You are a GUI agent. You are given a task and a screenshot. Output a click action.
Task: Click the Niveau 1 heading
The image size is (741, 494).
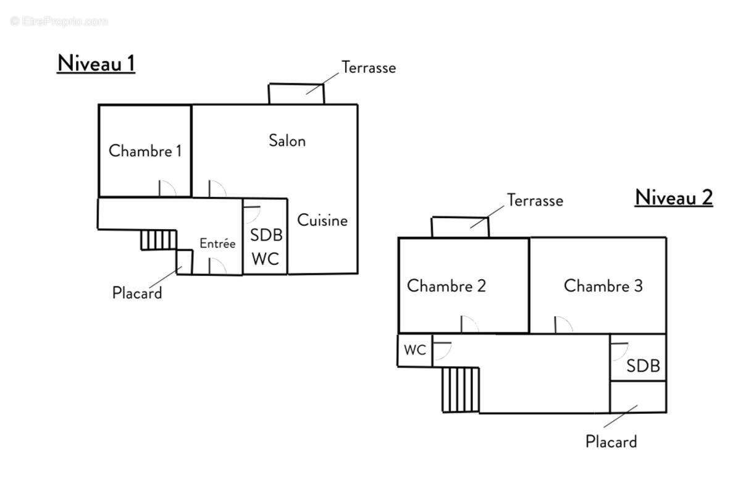tap(96, 63)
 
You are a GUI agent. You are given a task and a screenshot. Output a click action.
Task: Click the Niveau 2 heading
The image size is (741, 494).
tap(674, 197)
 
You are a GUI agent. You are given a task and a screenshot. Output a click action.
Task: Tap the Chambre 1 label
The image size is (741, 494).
tap(145, 151)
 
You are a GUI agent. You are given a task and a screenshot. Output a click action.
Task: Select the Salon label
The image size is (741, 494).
tap(287, 141)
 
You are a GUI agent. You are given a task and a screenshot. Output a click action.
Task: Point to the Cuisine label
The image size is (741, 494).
tap(322, 220)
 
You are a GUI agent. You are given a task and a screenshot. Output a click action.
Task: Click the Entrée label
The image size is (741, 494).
tap(217, 244)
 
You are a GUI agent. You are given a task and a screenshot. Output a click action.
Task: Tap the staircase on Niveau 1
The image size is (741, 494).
tap(159, 240)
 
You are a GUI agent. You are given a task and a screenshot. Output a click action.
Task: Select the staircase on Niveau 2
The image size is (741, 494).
tap(461, 389)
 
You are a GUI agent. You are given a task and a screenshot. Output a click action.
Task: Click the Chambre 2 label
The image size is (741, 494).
tap(446, 286)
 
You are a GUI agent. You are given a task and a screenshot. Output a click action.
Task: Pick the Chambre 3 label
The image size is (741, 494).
tap(603, 286)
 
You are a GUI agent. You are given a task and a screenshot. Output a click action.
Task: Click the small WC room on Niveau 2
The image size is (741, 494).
tap(414, 350)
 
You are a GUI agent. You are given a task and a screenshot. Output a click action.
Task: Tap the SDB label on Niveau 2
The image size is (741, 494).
tap(643, 366)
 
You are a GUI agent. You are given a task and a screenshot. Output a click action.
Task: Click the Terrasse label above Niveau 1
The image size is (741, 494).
tap(369, 67)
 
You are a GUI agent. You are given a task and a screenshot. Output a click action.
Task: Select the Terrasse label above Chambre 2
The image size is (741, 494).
tap(535, 200)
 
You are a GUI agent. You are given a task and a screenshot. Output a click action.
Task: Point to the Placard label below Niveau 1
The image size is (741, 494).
tap(137, 293)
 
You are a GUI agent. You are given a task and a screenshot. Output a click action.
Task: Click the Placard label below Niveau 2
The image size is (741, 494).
tap(611, 442)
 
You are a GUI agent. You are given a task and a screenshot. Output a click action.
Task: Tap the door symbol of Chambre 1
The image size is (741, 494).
tap(167, 188)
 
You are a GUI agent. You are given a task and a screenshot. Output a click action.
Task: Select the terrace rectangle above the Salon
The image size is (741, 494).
tap(296, 94)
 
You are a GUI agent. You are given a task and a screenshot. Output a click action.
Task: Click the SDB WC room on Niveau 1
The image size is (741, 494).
tap(265, 238)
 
